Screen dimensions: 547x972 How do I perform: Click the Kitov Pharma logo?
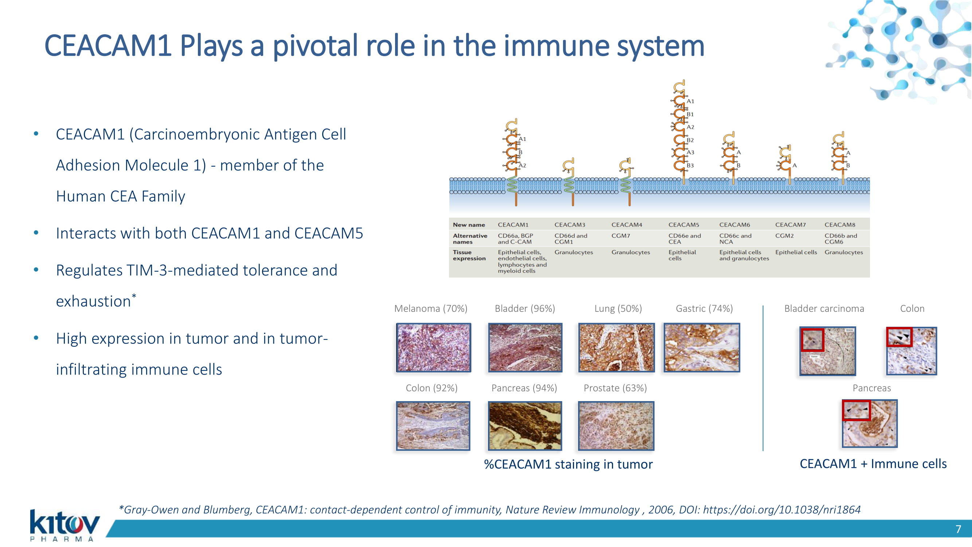(64, 525)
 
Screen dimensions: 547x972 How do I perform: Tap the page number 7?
(958, 529)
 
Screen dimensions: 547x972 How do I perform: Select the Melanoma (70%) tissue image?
(433, 347)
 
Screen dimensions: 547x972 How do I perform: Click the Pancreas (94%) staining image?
(524, 426)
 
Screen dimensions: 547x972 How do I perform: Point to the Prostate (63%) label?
(615, 388)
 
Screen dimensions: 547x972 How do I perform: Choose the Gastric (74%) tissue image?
(702, 347)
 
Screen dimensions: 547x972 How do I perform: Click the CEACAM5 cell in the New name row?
(683, 225)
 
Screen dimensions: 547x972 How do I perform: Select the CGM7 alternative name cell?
(621, 236)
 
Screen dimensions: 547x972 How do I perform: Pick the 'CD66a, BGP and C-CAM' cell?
(515, 238)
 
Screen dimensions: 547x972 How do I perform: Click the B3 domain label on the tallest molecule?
(690, 165)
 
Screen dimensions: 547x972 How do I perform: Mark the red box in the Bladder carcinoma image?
(812, 340)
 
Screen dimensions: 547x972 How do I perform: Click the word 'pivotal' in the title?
(315, 46)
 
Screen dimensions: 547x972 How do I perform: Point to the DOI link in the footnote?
(781, 510)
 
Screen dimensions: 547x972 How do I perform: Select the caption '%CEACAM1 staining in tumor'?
(568, 464)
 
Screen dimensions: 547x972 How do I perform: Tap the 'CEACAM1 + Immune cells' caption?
(873, 463)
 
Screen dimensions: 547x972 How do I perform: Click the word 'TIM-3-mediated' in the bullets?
(182, 270)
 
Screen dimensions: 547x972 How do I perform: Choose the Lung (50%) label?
(618, 309)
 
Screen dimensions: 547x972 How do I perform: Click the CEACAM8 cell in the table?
(840, 225)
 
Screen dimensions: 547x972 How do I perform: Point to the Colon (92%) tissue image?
(433, 426)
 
